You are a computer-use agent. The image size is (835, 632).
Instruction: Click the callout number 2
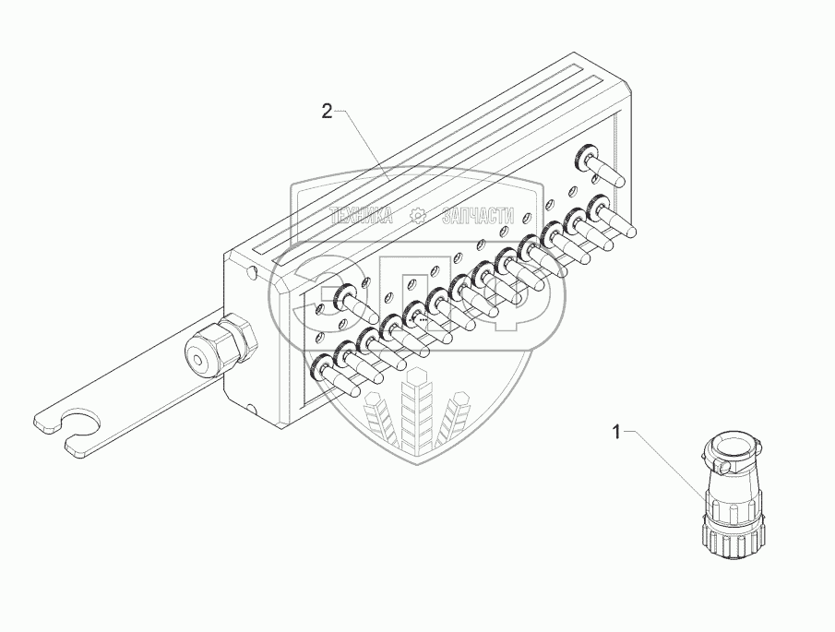click(x=327, y=112)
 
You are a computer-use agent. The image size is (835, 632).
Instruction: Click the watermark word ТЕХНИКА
click(x=362, y=216)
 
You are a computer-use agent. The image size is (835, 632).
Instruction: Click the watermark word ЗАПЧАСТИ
click(x=477, y=216)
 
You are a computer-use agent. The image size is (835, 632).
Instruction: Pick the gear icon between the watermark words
click(x=418, y=216)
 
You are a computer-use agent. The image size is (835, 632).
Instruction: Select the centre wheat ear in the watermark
click(x=417, y=406)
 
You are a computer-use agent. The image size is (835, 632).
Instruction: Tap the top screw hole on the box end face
click(x=252, y=273)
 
